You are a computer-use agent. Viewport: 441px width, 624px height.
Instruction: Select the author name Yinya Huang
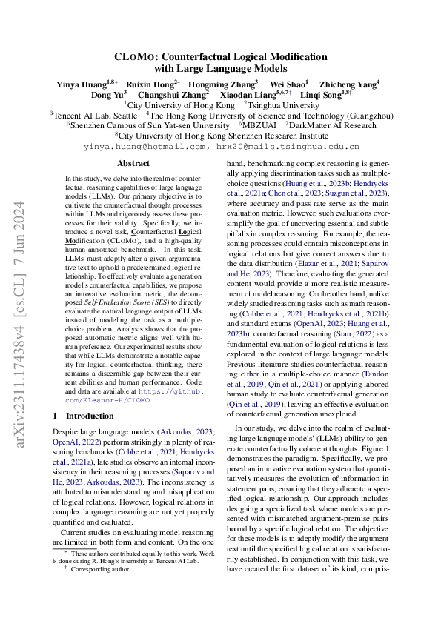point(82,84)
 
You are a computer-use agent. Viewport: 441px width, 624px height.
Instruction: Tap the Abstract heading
point(133,163)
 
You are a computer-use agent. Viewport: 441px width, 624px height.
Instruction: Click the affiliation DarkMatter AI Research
point(334,126)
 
